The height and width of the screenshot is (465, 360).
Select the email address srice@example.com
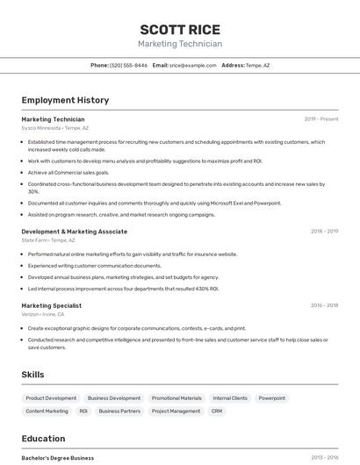[x=192, y=65]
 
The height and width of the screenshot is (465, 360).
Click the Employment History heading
[x=65, y=100]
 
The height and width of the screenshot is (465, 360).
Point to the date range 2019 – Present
[x=321, y=118]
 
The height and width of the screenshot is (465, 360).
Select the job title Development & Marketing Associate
[x=74, y=232]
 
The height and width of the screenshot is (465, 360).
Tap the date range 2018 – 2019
[x=324, y=232]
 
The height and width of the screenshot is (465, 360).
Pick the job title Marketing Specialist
[x=51, y=305]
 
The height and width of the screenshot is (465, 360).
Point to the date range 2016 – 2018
[x=324, y=305]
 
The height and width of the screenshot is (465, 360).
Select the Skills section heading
[x=32, y=375]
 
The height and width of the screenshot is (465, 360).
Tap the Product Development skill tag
[x=51, y=398]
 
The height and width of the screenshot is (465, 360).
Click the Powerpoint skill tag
[x=271, y=398]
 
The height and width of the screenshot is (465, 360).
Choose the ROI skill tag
[x=83, y=411]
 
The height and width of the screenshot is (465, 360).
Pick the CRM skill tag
[x=217, y=411]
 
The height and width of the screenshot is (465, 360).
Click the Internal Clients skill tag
[x=230, y=398]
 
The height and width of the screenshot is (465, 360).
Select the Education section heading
[x=43, y=439]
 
